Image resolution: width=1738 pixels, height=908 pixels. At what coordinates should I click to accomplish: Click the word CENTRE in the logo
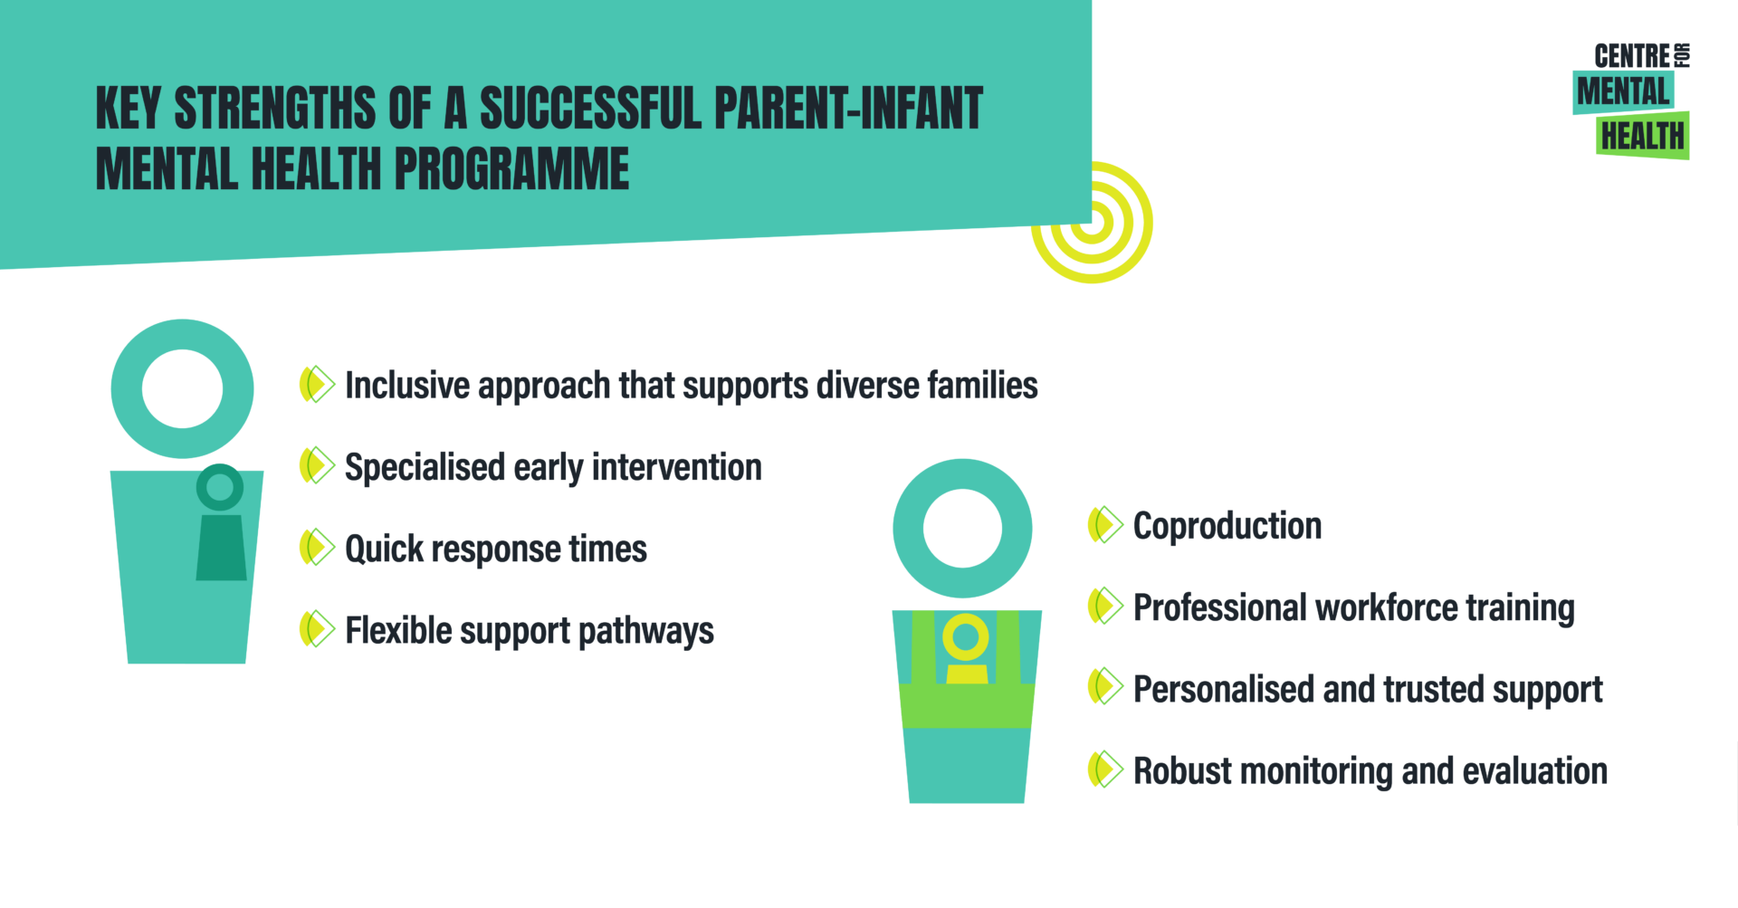coord(1631,56)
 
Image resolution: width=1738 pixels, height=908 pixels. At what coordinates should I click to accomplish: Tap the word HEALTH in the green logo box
coord(1642,137)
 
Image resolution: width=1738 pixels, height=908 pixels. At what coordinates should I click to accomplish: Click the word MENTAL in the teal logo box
coord(1623,91)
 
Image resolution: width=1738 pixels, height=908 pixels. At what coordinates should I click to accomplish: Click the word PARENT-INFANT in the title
coord(848,109)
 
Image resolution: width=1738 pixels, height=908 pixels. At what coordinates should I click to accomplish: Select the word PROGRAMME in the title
coord(511,169)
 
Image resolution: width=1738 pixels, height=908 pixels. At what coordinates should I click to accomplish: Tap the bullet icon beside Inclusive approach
coord(317,385)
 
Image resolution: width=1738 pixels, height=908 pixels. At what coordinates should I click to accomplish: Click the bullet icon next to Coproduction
coord(1105,525)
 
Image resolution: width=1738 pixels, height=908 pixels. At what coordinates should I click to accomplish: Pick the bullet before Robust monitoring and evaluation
coord(1105,769)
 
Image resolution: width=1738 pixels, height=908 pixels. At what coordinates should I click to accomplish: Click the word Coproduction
coord(1227,526)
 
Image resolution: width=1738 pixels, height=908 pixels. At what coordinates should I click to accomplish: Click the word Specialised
coord(425,468)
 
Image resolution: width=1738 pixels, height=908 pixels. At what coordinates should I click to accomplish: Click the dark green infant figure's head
coord(220,487)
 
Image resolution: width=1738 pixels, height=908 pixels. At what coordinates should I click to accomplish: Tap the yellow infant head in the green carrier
coord(966,637)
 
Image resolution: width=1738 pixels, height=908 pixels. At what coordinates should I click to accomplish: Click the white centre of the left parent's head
coord(182,388)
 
